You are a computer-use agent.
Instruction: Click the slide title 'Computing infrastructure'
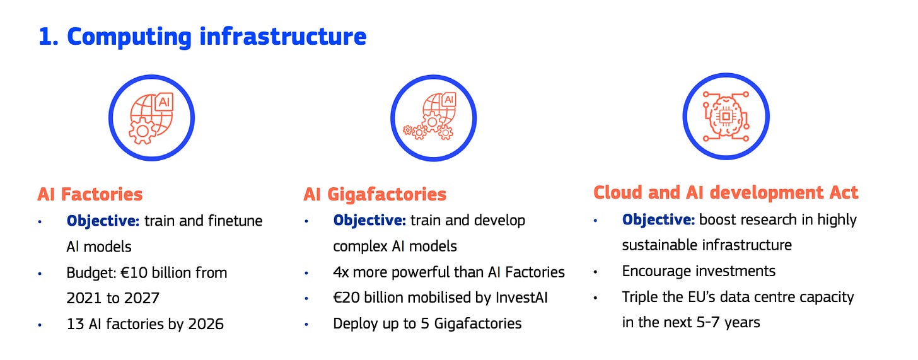[202, 37]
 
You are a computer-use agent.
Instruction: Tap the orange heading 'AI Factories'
[90, 194]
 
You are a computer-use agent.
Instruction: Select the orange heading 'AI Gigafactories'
[375, 194]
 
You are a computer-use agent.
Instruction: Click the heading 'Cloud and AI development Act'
[726, 192]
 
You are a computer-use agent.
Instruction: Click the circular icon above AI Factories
[151, 118]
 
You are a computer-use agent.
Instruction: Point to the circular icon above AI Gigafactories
[433, 118]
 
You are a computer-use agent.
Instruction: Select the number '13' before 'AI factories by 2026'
[74, 324]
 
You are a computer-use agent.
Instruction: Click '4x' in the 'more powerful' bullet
[343, 272]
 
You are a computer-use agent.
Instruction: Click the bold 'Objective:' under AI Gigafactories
[369, 221]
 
